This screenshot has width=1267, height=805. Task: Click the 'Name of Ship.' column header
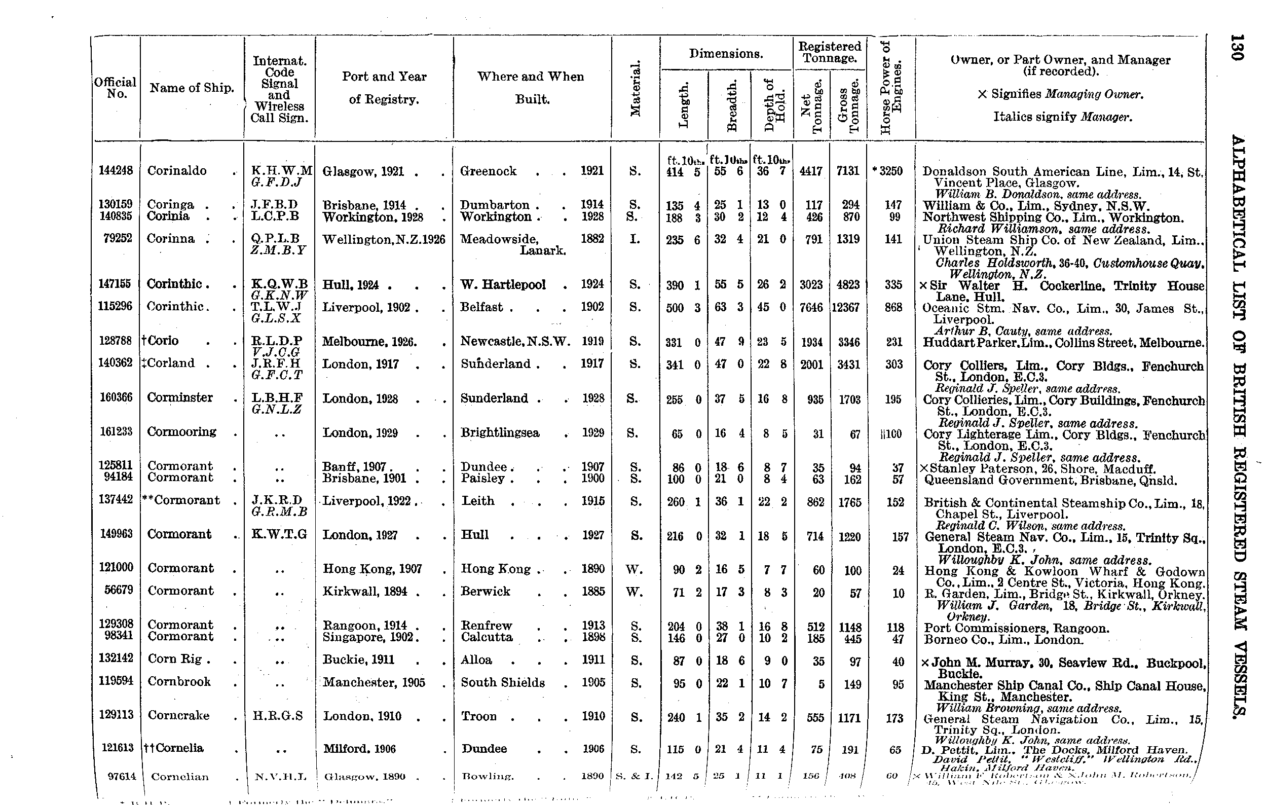point(192,88)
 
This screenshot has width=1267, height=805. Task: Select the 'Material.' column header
point(636,88)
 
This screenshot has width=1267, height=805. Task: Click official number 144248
point(116,170)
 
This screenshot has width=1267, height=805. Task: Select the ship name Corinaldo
point(177,170)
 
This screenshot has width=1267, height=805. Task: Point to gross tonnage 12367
point(848,307)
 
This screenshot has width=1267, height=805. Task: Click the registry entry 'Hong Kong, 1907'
point(372,569)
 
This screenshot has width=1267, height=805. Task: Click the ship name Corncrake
point(178,715)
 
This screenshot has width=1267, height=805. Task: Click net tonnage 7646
point(811,307)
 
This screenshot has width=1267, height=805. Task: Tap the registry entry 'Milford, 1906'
point(359,749)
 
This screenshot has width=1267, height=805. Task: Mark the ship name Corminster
point(180,398)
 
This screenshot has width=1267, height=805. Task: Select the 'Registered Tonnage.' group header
point(829,52)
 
